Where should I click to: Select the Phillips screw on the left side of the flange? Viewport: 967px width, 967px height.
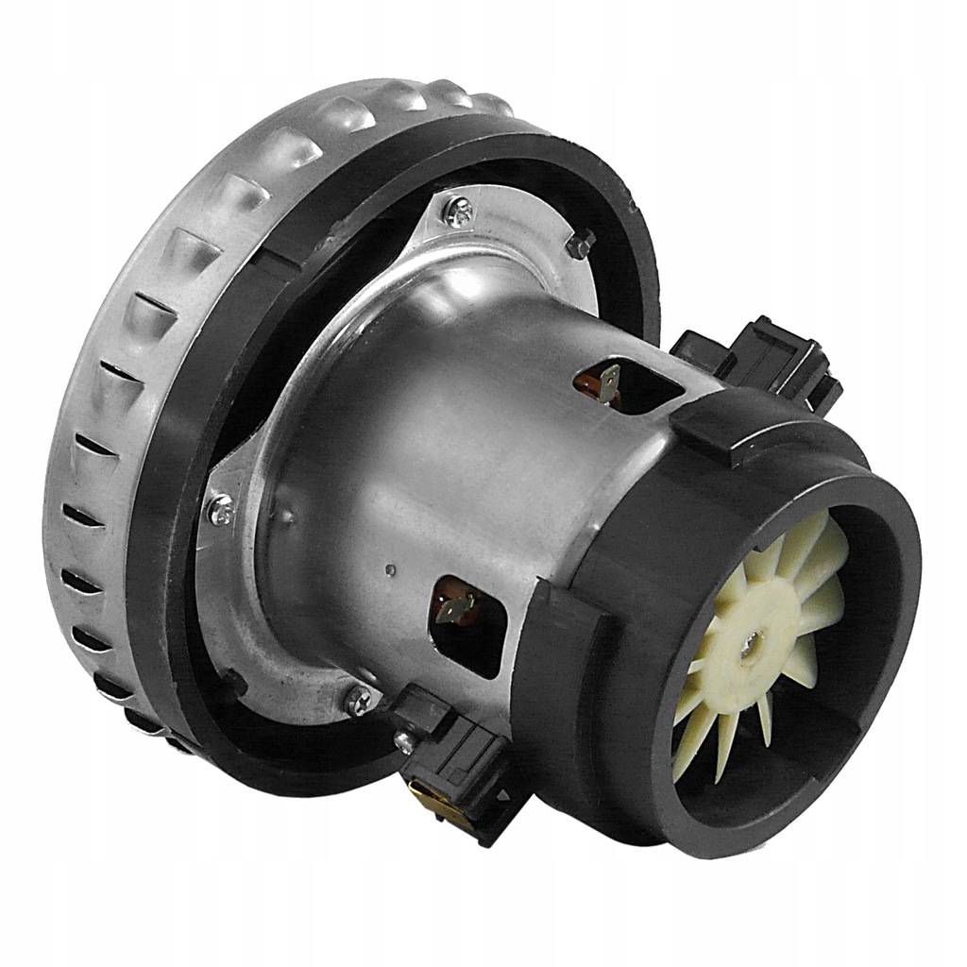[x=219, y=510]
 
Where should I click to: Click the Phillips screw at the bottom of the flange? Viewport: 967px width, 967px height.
[x=360, y=700]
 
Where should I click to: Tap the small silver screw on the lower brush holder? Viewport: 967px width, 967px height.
[x=404, y=742]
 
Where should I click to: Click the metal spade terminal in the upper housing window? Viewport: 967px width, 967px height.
[x=608, y=381]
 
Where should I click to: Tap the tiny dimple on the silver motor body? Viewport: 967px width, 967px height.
[x=390, y=569]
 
